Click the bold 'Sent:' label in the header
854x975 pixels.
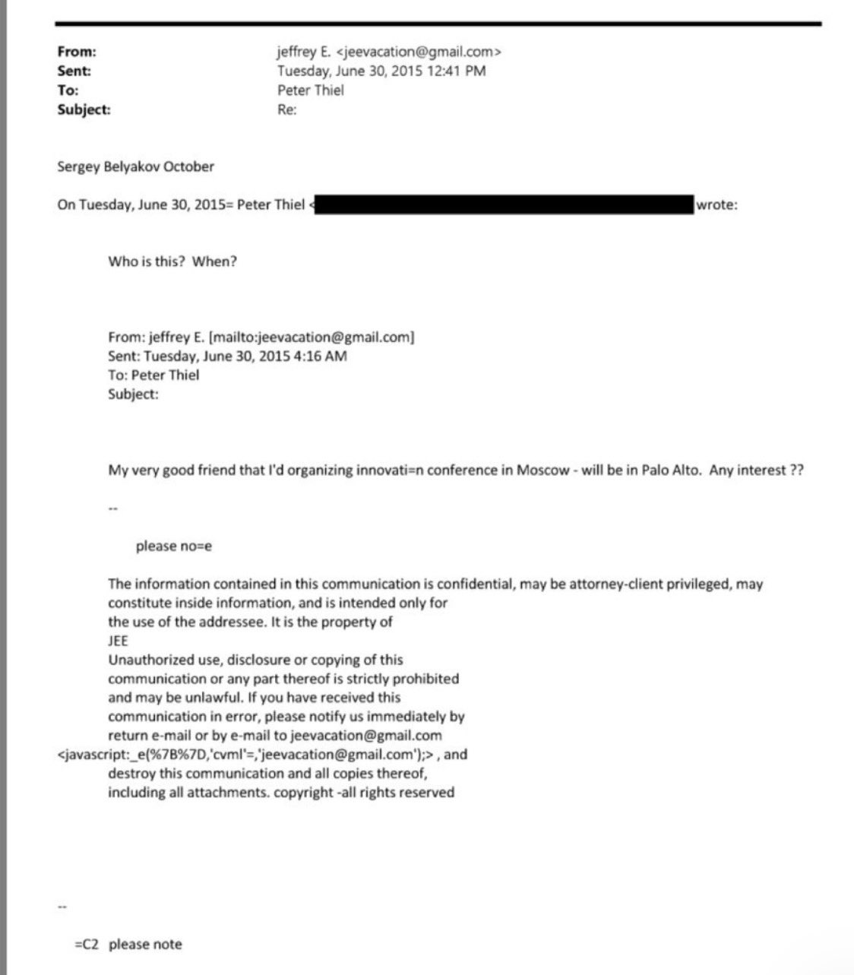point(74,71)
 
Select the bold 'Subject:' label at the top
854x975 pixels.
point(84,109)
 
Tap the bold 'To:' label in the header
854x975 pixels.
point(68,90)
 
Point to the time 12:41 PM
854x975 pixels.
point(458,71)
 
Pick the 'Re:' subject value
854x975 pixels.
point(286,109)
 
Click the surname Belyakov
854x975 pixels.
point(132,166)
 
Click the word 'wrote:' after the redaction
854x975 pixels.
point(716,204)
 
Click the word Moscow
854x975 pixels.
point(542,470)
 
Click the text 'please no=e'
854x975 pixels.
point(173,546)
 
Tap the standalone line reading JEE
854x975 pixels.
point(118,641)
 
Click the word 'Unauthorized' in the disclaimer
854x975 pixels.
point(147,660)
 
